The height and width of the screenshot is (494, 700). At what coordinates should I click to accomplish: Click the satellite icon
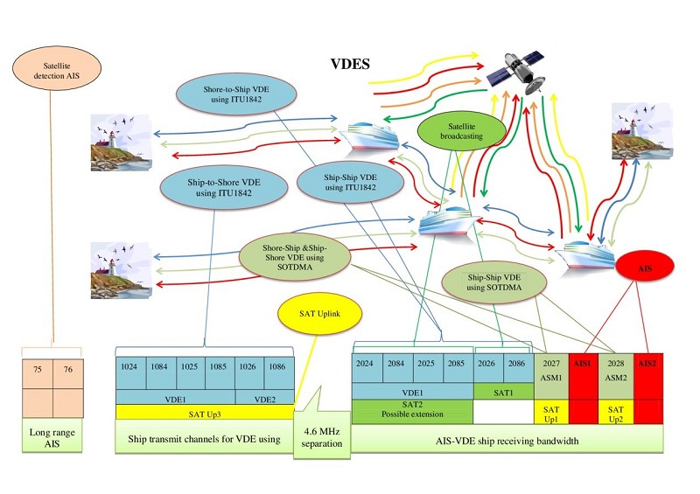(516, 73)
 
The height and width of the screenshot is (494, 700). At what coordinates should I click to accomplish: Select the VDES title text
(350, 64)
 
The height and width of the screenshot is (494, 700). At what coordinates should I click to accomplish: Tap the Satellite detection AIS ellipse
(57, 68)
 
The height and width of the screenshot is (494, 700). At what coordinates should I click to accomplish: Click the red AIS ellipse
(645, 268)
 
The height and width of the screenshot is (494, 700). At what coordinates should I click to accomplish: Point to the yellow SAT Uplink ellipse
(319, 314)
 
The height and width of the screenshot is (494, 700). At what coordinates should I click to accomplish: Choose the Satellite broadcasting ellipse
(462, 131)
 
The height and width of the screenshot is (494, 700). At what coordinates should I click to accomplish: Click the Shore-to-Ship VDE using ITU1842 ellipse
(236, 94)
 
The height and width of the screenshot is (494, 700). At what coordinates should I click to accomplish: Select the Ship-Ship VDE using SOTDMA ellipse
(493, 282)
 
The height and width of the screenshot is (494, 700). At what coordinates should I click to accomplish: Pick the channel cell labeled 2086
(518, 369)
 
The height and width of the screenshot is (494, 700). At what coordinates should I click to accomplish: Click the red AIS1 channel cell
(583, 388)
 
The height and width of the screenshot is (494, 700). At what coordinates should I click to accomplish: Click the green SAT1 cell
(504, 392)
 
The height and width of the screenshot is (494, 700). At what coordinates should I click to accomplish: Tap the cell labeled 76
(68, 374)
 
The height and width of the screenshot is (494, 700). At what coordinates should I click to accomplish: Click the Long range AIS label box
(52, 435)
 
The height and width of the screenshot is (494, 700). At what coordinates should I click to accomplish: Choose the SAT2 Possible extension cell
(412, 410)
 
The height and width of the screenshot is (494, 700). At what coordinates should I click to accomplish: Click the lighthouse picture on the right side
(641, 131)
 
